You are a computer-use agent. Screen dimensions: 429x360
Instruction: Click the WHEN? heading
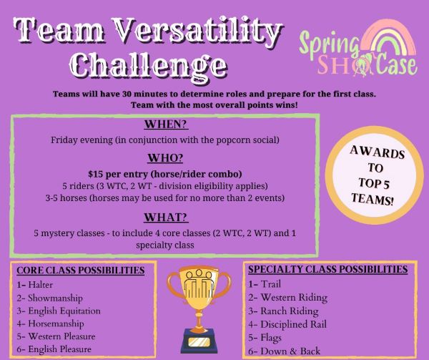click(166, 125)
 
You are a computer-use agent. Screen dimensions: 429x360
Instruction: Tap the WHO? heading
click(165, 158)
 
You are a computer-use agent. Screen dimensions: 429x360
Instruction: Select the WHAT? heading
click(166, 218)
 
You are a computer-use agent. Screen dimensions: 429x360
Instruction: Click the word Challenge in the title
click(149, 65)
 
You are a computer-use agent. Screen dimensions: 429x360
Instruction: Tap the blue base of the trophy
click(199, 341)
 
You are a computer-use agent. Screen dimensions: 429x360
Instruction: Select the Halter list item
click(35, 285)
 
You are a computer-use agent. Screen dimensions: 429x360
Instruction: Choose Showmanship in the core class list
click(49, 298)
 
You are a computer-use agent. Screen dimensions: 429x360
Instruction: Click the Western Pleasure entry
click(56, 336)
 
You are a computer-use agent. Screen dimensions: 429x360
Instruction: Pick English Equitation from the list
click(59, 311)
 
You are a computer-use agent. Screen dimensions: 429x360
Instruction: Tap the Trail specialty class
click(265, 284)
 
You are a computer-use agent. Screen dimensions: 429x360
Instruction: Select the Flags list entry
click(265, 338)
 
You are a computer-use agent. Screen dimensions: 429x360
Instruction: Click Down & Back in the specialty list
click(285, 351)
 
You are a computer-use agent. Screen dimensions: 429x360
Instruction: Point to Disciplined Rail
click(287, 324)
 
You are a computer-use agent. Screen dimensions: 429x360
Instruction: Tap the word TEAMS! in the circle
click(373, 199)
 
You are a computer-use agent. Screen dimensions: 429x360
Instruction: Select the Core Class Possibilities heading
click(80, 271)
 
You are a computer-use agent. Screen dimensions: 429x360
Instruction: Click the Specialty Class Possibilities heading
click(327, 269)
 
